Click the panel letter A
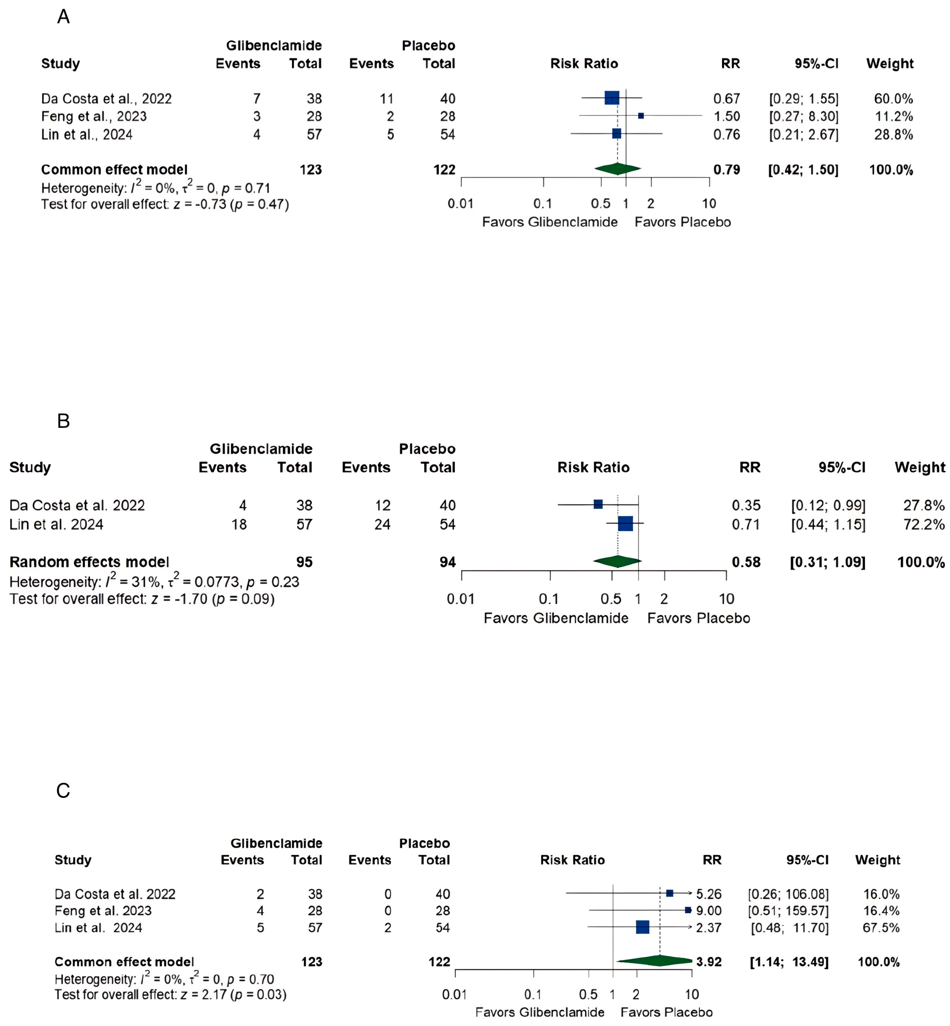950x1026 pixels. [63, 17]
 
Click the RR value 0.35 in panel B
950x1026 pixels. [746, 505]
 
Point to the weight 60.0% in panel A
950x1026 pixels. [894, 99]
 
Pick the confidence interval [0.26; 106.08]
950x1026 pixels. [788, 894]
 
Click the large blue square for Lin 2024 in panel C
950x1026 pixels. [642, 927]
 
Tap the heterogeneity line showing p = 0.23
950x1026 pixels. [154, 582]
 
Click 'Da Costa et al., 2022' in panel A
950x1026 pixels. [106, 99]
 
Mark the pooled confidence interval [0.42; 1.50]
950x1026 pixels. [803, 170]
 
